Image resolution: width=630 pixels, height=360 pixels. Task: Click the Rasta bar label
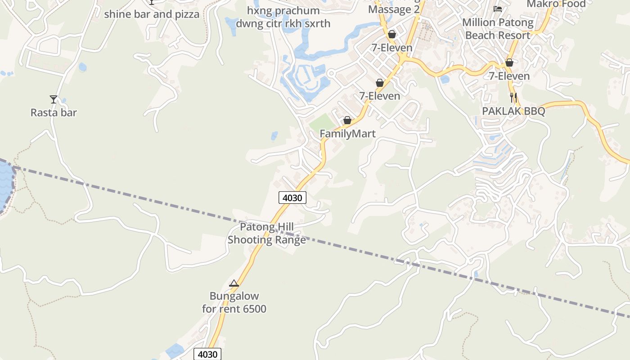coord(54,112)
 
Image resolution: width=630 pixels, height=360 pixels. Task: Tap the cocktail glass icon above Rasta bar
coord(54,99)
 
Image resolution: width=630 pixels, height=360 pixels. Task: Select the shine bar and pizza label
coord(152,14)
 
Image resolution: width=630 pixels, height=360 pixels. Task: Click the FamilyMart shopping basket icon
coord(347,120)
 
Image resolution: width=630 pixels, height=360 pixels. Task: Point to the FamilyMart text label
coord(347,134)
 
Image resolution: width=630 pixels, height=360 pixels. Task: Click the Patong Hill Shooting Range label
coord(266,233)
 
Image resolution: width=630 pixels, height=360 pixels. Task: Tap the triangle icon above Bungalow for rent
coord(234,283)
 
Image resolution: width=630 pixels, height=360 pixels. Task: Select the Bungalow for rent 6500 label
coord(234,302)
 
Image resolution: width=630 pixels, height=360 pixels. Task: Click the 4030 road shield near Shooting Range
coord(292,198)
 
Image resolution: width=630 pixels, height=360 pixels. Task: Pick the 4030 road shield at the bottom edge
coord(207,354)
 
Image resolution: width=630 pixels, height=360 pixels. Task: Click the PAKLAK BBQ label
coord(513,111)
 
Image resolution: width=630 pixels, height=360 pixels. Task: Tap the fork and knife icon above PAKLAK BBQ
coord(513,97)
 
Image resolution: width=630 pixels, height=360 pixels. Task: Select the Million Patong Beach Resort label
coord(498,29)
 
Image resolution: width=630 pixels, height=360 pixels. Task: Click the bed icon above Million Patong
coord(498,9)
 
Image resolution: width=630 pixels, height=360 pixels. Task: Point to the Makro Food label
coord(556,4)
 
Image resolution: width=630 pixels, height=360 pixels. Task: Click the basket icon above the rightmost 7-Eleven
coord(509,63)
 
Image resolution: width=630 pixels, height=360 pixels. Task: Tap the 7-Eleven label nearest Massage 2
coord(391,48)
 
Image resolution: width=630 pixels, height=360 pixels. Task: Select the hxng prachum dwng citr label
coord(283,17)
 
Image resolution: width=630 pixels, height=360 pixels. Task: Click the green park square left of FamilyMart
coord(322,122)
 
